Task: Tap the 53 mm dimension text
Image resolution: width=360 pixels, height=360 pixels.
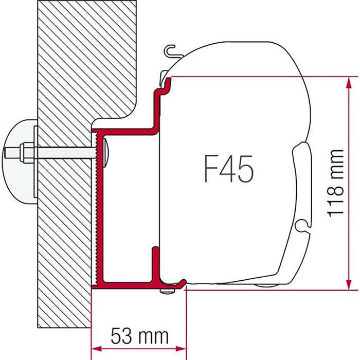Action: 139,336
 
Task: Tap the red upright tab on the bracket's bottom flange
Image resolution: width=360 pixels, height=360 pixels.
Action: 154,262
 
